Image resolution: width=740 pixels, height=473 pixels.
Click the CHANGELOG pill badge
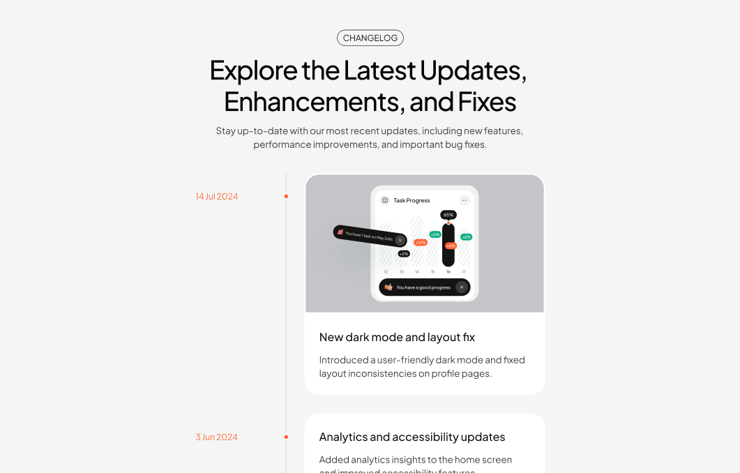(x=370, y=38)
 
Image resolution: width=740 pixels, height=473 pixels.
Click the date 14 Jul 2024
(x=216, y=196)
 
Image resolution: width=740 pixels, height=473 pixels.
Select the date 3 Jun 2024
(x=216, y=437)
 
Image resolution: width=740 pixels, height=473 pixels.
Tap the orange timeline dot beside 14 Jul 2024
(x=286, y=196)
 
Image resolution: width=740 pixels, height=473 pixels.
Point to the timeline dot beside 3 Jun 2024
(x=286, y=437)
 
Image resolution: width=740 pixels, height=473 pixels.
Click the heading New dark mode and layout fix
(x=397, y=337)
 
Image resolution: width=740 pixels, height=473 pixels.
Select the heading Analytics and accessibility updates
(x=411, y=437)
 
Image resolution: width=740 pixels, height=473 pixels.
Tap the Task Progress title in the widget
(x=411, y=200)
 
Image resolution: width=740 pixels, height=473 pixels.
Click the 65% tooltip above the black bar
(x=448, y=215)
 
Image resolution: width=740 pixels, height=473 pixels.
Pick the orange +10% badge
(x=421, y=242)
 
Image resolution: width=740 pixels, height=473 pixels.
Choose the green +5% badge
(x=435, y=234)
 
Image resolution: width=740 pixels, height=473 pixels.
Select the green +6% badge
(x=466, y=237)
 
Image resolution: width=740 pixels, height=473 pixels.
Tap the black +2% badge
(x=404, y=254)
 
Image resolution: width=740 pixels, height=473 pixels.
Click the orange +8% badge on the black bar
(x=451, y=246)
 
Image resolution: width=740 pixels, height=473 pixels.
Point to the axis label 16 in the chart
(x=448, y=271)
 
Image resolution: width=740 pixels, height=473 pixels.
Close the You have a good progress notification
(x=461, y=287)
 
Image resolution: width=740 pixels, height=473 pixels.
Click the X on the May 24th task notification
(x=400, y=240)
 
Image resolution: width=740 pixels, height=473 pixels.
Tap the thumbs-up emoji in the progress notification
(x=388, y=287)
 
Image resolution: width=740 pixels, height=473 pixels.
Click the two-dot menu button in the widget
(x=465, y=200)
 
